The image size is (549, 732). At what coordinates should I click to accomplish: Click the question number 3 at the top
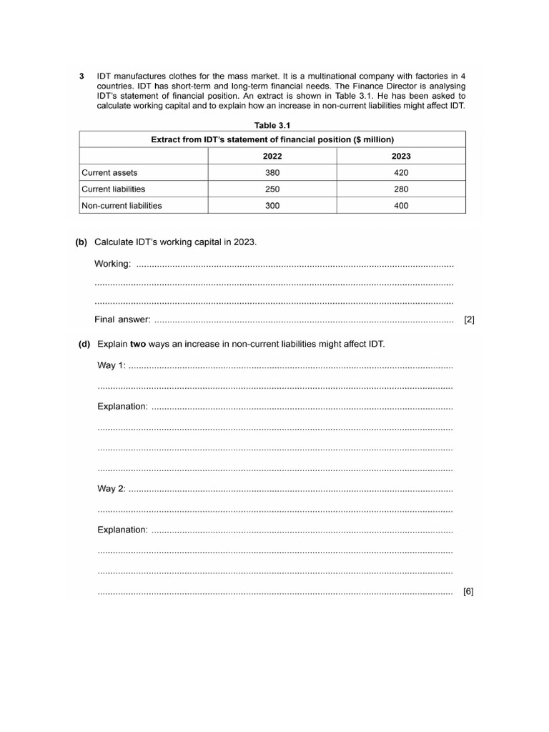tap(82, 76)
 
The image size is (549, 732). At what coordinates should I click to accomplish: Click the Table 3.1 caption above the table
tap(272, 125)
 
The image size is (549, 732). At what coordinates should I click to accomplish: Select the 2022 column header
tap(272, 157)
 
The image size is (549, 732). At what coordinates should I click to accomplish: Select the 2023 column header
tap(401, 157)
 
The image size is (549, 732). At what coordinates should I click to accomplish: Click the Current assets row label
tap(109, 173)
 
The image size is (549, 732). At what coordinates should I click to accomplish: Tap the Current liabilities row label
tap(113, 189)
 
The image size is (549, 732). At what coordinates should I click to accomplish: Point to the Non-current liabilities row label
tap(122, 206)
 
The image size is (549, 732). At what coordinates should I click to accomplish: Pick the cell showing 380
tap(272, 173)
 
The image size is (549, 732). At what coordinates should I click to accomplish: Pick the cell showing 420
tap(401, 173)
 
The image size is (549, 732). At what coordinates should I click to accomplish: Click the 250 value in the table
tap(272, 189)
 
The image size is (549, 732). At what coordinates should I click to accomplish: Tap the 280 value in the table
tap(401, 189)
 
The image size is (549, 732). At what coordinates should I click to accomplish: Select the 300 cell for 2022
tap(272, 206)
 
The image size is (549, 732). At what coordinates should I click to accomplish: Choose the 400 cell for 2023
tap(401, 206)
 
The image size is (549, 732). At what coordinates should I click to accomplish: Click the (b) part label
tap(81, 242)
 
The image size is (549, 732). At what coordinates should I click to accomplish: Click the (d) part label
tap(84, 344)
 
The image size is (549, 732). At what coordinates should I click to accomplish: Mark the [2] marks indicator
tap(469, 320)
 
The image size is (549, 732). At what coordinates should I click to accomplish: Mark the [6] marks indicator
tap(468, 591)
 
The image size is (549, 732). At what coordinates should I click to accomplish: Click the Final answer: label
tap(122, 320)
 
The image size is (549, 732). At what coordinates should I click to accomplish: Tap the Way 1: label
tap(112, 365)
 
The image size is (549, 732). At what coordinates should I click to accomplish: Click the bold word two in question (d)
tap(138, 344)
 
